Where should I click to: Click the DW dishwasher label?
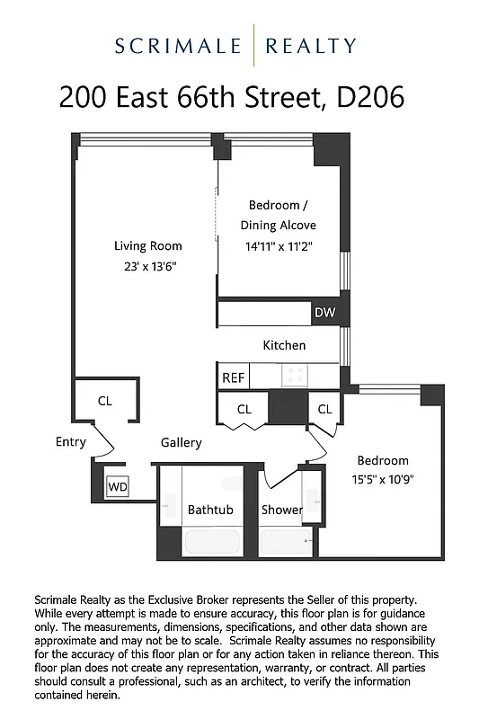324,313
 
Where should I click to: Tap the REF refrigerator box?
233,377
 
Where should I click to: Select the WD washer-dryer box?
118,487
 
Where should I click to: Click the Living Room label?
147,245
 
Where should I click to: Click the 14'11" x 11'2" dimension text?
278,245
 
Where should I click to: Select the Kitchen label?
284,345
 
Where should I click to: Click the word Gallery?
182,442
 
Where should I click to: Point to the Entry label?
71,441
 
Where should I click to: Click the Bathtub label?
210,510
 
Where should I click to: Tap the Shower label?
282,510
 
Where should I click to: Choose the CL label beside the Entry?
105,401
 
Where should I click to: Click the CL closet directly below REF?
244,409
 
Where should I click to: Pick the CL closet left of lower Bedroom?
324,409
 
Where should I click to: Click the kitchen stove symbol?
294,375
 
